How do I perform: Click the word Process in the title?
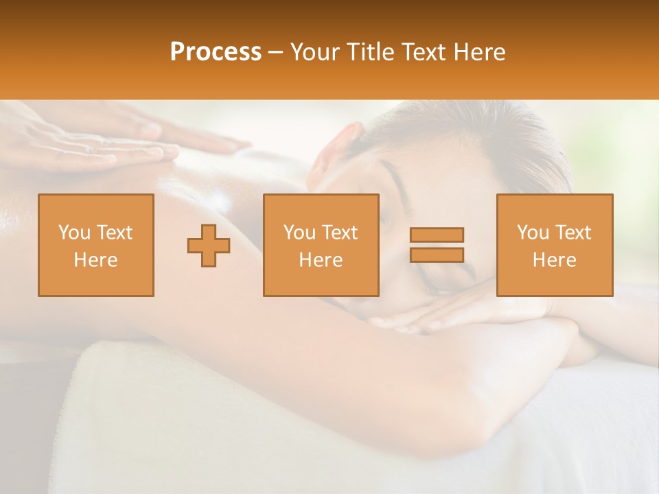tap(216, 52)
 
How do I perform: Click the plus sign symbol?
tap(209, 246)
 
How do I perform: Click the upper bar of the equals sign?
tap(437, 235)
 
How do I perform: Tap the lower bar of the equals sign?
tap(437, 255)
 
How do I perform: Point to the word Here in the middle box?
tap(321, 260)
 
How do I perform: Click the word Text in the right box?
tap(573, 233)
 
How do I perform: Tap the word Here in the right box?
tap(555, 260)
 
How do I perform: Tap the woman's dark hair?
tap(467, 137)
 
